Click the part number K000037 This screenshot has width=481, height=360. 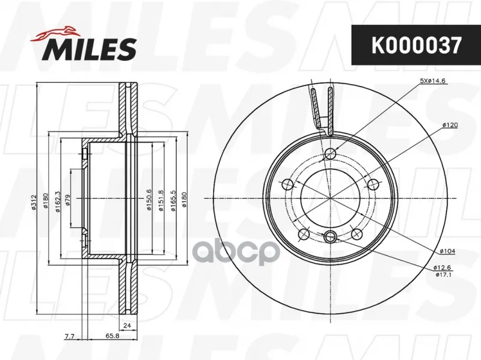click(415, 46)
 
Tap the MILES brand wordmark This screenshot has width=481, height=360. click(91, 49)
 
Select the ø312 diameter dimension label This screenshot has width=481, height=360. click(34, 202)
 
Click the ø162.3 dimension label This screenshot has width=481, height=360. click(58, 202)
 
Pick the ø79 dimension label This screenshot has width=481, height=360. click(68, 200)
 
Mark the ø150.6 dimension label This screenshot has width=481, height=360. click(149, 200)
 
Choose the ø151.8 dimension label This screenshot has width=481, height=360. click(161, 201)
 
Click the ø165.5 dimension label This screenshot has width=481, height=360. click(173, 201)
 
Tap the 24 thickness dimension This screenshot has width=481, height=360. click(127, 325)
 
